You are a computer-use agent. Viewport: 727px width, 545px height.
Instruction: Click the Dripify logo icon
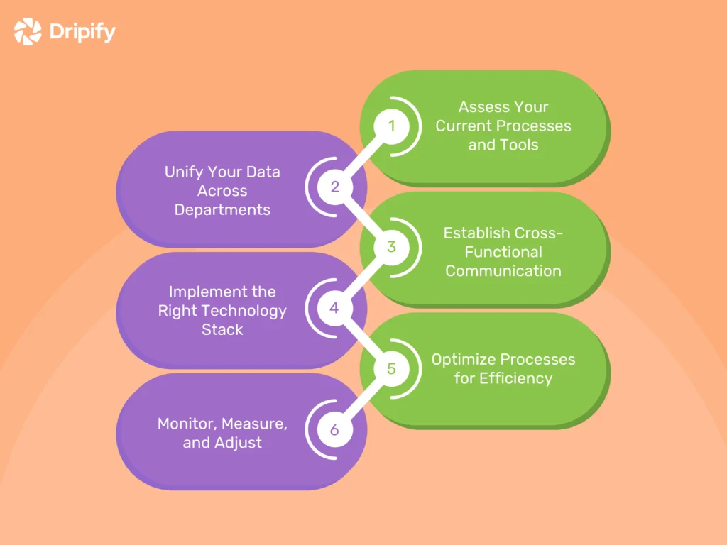[x=28, y=32]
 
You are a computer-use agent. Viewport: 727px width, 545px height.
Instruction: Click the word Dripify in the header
[x=82, y=32]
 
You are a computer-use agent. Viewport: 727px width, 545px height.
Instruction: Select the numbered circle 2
[x=335, y=187]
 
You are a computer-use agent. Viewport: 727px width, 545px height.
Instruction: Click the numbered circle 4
[x=335, y=309]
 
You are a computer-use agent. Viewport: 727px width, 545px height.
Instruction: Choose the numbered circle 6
[x=335, y=430]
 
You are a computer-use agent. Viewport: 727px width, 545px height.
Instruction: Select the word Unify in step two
[x=182, y=172]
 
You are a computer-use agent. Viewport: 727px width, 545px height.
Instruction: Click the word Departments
[x=222, y=210]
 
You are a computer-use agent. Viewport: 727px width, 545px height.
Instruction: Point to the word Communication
[x=503, y=270]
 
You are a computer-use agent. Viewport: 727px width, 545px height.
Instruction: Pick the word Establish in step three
[x=475, y=233]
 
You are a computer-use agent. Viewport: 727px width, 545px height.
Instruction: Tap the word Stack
[x=222, y=329]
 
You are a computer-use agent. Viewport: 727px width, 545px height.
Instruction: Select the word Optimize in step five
[x=463, y=359]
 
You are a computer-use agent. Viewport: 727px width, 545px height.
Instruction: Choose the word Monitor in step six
[x=186, y=424]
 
